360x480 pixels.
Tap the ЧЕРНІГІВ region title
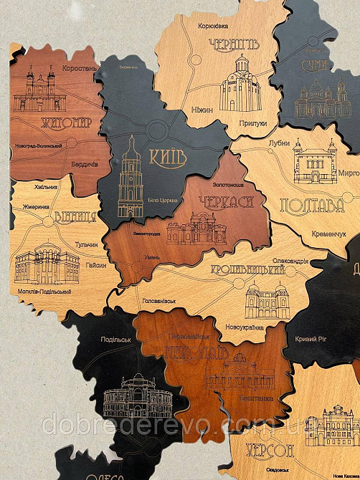click(232, 47)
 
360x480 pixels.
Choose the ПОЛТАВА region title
click(310, 206)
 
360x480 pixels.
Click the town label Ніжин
click(202, 110)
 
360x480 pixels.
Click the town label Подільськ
click(115, 340)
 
